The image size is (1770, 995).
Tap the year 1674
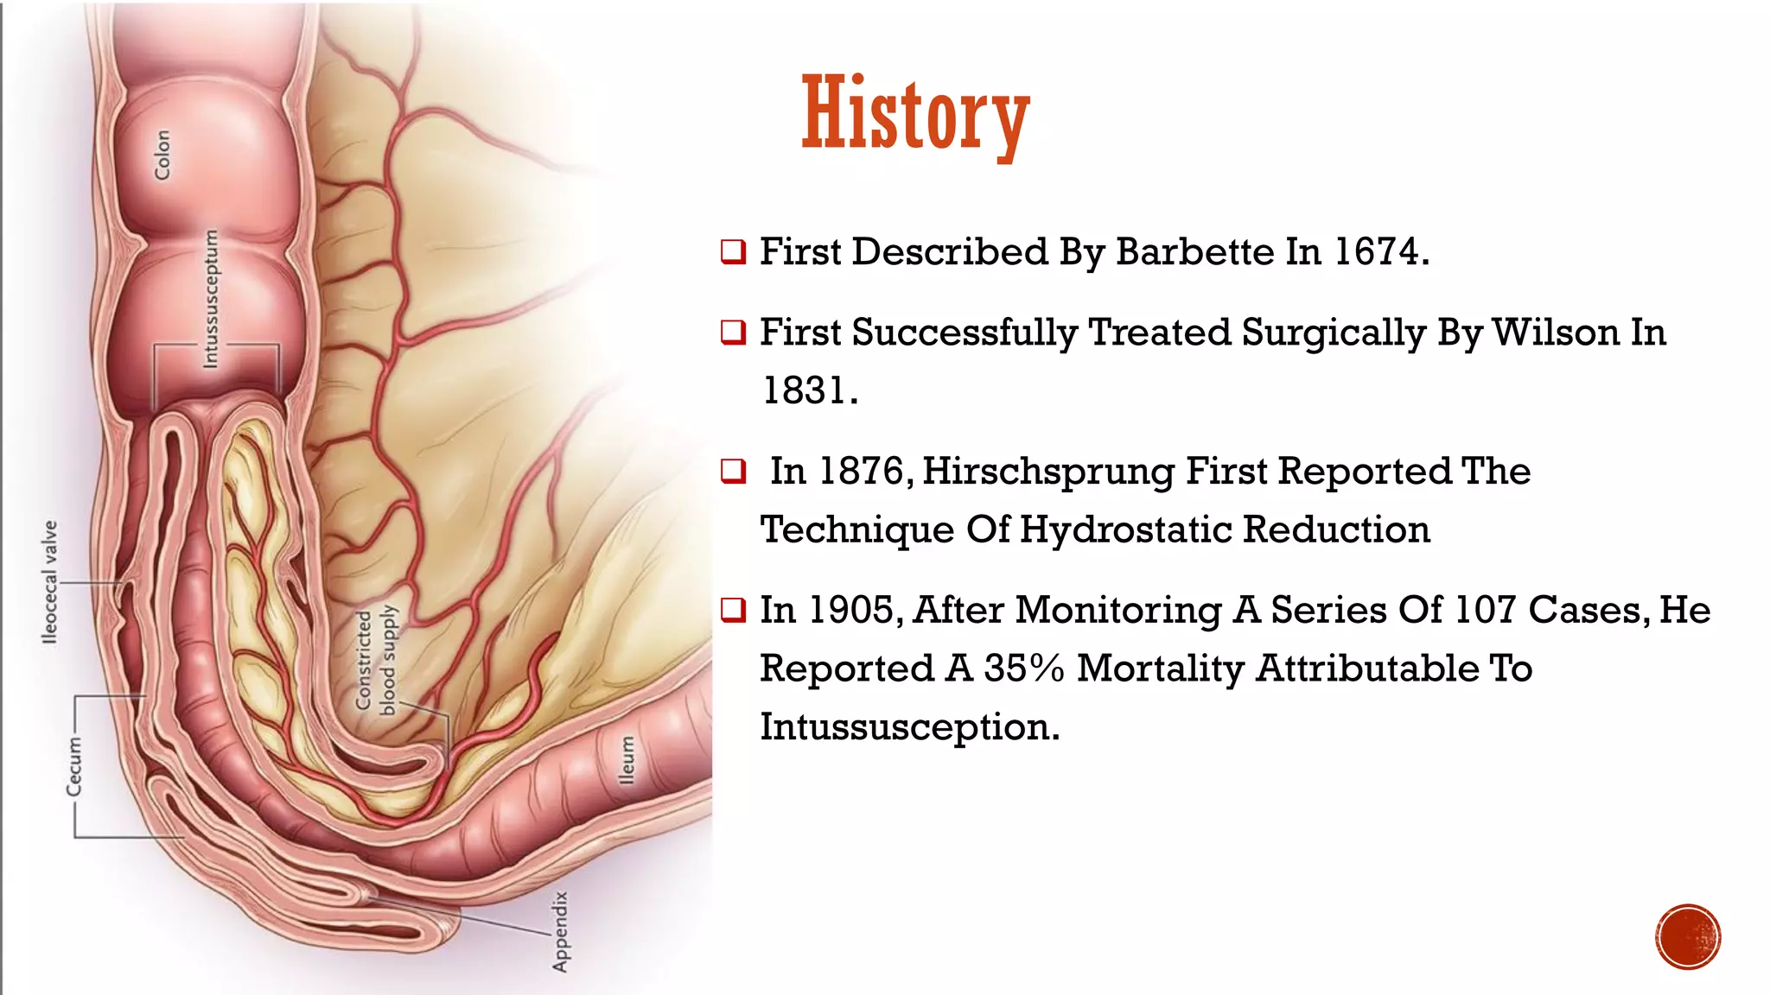pos(1376,252)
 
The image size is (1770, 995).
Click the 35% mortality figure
pos(1023,669)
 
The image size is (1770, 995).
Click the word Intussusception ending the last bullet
pos(909,727)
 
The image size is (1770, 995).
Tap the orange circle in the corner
pos(1688,937)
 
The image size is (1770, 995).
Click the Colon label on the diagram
pos(162,155)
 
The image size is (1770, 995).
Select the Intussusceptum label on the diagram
pos(210,298)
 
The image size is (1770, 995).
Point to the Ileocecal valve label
pos(50,581)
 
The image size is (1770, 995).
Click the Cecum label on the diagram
pos(74,766)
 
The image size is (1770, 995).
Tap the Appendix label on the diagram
pos(561,932)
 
